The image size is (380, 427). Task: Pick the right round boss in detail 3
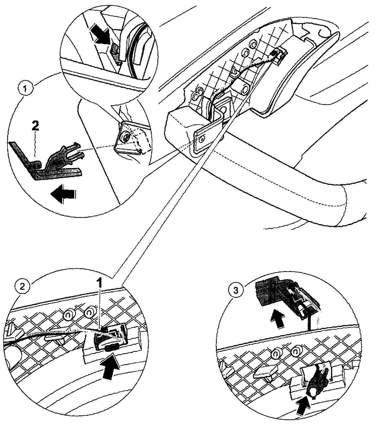click(297, 352)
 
